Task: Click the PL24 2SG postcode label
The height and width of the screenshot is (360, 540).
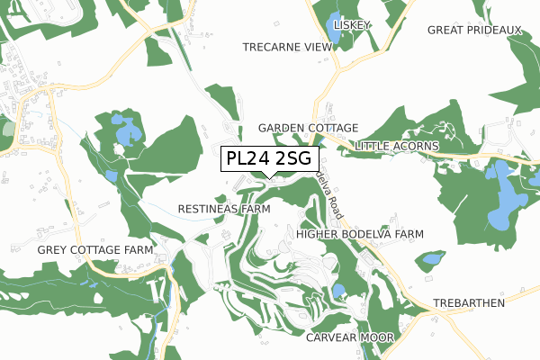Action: (x=269, y=159)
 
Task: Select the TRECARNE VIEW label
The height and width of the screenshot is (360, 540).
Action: (x=287, y=46)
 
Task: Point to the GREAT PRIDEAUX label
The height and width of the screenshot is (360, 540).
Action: (x=474, y=30)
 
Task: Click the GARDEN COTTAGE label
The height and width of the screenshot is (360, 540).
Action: (x=309, y=129)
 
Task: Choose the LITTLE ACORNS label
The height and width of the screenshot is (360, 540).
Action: (x=397, y=146)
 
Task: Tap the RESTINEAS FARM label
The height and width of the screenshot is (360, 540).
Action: (x=224, y=209)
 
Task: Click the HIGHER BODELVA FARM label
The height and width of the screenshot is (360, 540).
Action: (x=359, y=234)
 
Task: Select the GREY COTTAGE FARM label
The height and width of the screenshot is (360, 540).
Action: (x=94, y=248)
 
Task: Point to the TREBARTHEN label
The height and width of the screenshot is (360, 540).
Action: (x=469, y=303)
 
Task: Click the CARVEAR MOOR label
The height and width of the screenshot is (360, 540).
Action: (x=350, y=337)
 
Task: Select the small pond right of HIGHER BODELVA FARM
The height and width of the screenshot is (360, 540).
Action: (x=433, y=259)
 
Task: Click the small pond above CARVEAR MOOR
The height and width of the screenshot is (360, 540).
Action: (x=338, y=291)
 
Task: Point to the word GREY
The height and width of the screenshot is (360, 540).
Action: (x=53, y=248)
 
